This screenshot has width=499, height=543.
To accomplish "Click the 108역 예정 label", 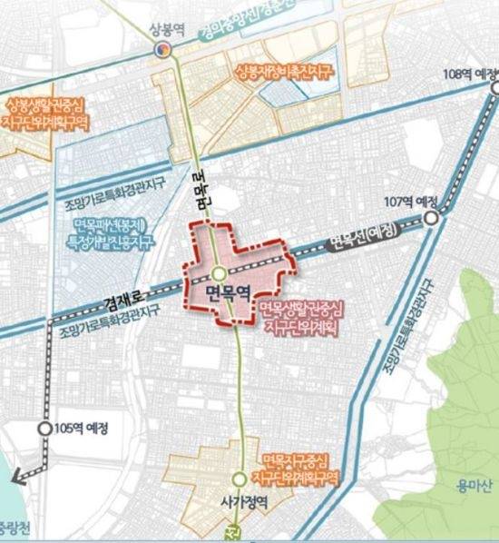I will [471, 74].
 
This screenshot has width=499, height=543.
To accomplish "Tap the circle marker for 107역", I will [433, 218].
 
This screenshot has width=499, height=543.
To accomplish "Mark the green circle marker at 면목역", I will [220, 271].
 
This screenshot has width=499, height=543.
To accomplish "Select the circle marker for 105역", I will [44, 428].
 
